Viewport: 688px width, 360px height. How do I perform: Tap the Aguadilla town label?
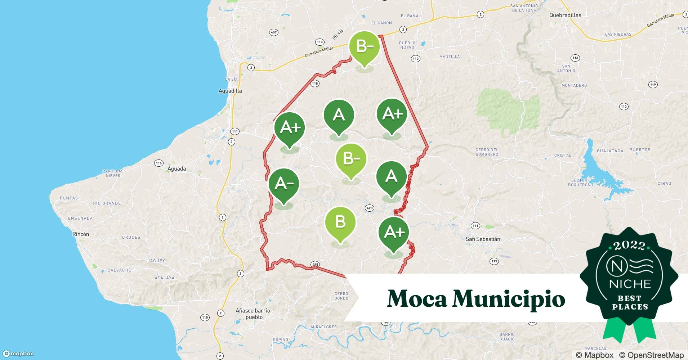pyautogui.click(x=230, y=91)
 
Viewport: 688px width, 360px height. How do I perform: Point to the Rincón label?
pyautogui.click(x=81, y=234)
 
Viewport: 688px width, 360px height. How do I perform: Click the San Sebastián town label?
pyautogui.click(x=483, y=239)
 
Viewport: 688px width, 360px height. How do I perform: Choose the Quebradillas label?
pyautogui.click(x=565, y=15)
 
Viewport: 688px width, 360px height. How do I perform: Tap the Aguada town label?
pyautogui.click(x=177, y=168)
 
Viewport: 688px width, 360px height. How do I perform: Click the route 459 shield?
pyautogui.click(x=274, y=32)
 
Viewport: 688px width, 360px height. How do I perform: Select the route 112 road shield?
pyautogui.click(x=416, y=58)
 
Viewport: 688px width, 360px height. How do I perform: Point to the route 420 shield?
pyautogui.click(x=369, y=208)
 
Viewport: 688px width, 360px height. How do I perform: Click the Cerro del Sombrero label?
pyautogui.click(x=487, y=152)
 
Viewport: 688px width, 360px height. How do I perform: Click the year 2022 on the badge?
pyautogui.click(x=629, y=246)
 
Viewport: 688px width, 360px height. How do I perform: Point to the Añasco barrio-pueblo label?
pyautogui.click(x=254, y=314)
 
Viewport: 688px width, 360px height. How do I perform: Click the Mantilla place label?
pyautogui.click(x=450, y=57)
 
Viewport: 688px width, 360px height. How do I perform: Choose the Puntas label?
pyautogui.click(x=68, y=198)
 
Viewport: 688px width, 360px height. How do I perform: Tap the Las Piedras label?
pyautogui.click(x=618, y=35)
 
